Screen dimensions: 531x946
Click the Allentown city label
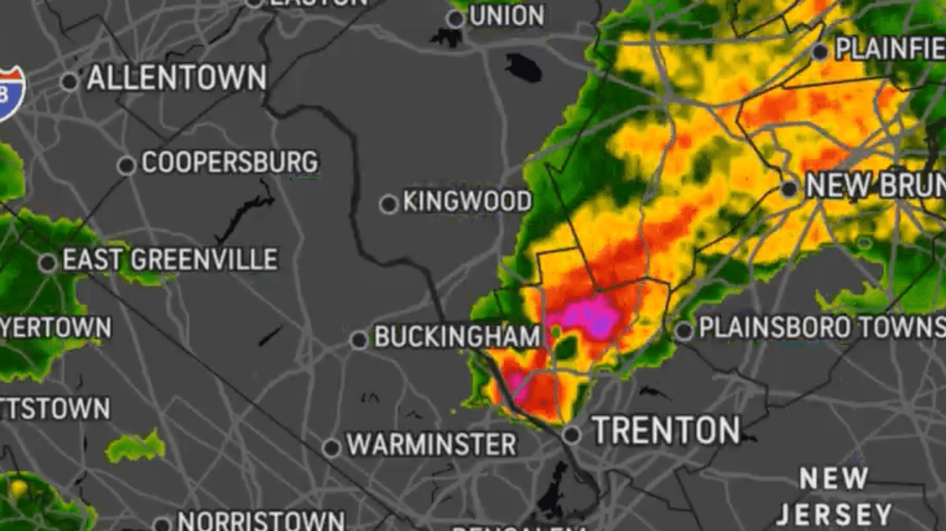[176, 78]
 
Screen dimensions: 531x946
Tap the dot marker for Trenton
[571, 435]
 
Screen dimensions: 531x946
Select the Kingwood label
[467, 202]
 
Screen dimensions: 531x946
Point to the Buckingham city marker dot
[359, 340]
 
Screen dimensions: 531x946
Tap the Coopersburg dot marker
[127, 165]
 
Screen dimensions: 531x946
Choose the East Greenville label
[170, 260]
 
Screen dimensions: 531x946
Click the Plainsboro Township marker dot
[684, 330]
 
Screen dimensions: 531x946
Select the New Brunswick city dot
[789, 189]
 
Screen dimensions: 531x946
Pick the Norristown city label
[261, 521]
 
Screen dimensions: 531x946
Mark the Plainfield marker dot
[819, 52]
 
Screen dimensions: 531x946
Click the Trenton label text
[666, 431]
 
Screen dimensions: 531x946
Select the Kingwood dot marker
[388, 204]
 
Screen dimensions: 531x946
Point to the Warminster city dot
[331, 448]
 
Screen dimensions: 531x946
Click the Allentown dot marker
[70, 81]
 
